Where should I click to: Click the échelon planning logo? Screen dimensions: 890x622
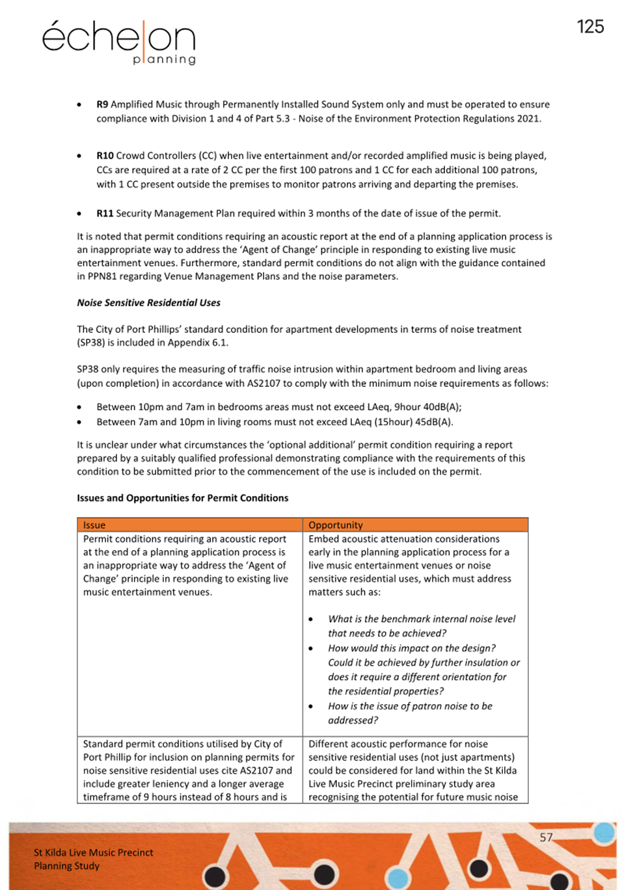tap(119, 42)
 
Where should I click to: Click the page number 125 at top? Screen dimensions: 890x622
tap(590, 27)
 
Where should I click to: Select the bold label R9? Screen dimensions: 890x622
tap(102, 104)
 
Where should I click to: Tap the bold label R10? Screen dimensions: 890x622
tap(105, 155)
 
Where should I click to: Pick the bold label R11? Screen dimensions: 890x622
tap(105, 213)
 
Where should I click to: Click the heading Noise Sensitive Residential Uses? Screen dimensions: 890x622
tap(148, 302)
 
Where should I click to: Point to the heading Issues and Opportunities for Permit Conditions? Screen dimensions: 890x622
tap(182, 498)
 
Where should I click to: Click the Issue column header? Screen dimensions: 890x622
tap(94, 525)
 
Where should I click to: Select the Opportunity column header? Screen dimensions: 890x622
tap(335, 525)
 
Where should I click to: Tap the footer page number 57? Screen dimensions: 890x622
tap(546, 837)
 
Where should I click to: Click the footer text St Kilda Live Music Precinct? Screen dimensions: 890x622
tap(94, 852)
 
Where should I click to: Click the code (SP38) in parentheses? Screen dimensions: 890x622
tap(92, 343)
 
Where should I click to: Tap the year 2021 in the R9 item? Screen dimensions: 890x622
tap(528, 118)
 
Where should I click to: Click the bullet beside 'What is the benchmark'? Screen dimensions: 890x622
tap(310, 620)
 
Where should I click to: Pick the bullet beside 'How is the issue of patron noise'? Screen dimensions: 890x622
tap(310, 707)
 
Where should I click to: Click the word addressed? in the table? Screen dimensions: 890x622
tap(353, 720)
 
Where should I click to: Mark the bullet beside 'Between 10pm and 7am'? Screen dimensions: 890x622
tap(79, 408)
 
